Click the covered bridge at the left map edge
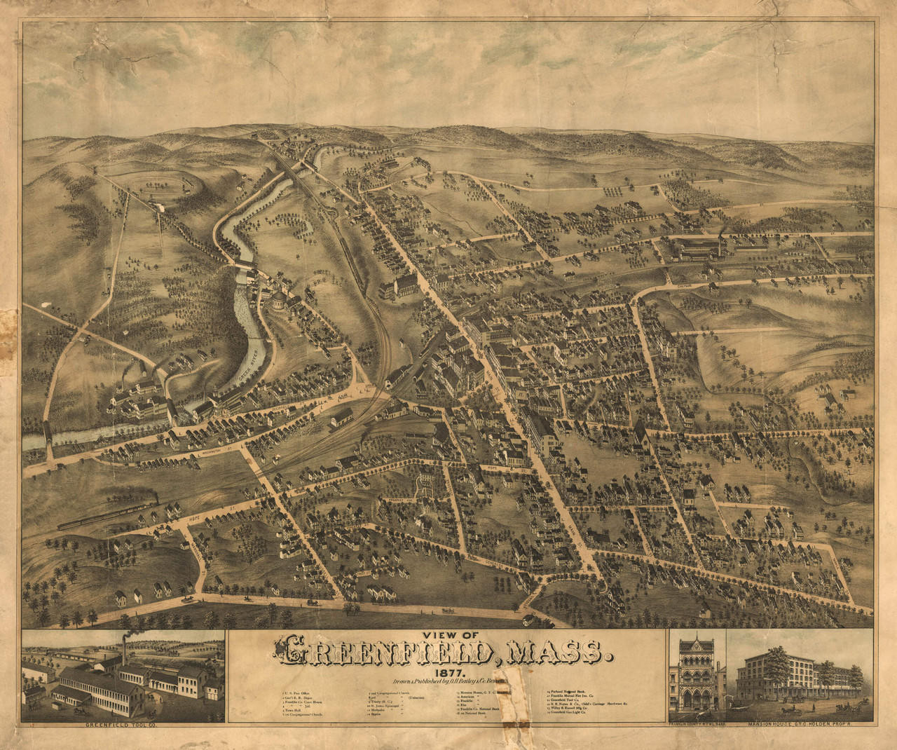point(48,435)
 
